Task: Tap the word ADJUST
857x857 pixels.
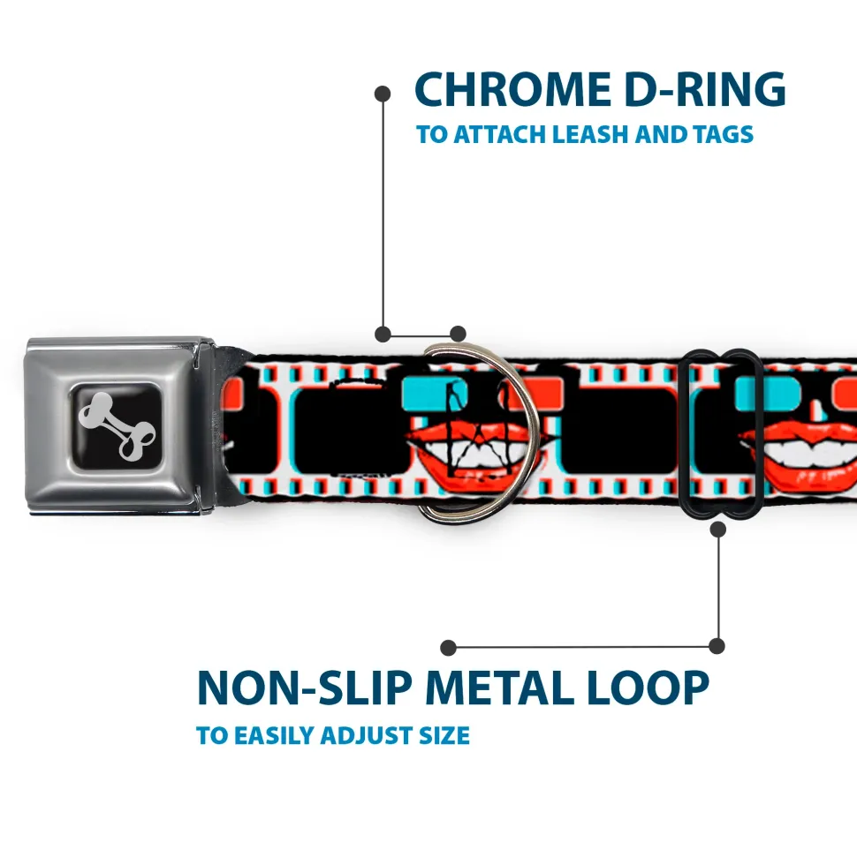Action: (x=371, y=735)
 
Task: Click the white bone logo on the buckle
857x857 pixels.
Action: (x=120, y=425)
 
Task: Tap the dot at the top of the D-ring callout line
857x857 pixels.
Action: (x=383, y=92)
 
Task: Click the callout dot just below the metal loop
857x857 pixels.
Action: (x=717, y=529)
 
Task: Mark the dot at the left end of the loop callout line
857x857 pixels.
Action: (x=449, y=647)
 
